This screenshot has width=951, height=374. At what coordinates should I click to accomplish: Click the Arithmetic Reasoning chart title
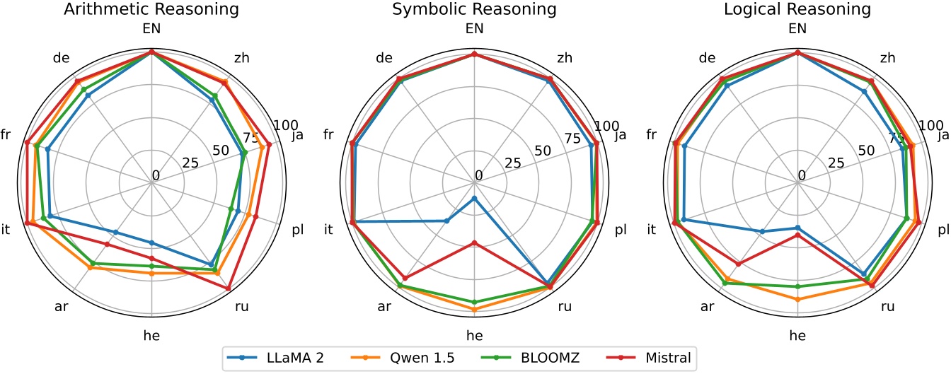point(151,10)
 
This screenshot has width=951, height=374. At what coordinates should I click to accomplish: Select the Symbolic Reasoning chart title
point(475,10)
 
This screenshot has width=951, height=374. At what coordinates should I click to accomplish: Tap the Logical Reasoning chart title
point(797,10)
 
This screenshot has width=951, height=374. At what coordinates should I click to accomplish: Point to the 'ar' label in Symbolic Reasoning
point(384,307)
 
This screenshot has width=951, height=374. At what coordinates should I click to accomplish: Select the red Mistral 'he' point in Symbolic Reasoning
point(475,243)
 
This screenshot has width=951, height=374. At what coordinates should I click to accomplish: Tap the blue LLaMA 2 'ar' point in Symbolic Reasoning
point(446,221)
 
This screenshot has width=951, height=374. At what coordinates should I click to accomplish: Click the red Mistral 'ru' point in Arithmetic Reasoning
point(228,288)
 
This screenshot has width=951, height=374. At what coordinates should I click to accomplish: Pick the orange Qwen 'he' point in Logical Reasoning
point(798,300)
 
